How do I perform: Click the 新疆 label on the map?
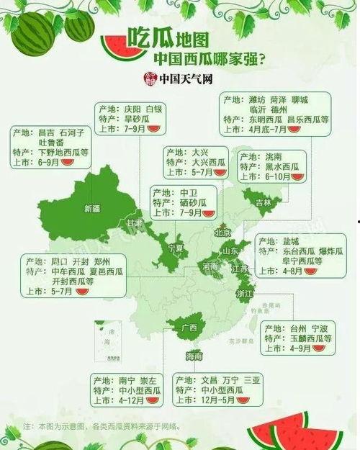pos(93,209)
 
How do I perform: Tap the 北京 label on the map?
pos(222,233)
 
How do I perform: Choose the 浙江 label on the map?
pos(244,294)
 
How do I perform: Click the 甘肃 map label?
pos(135,224)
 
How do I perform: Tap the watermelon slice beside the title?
pos(115,49)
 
